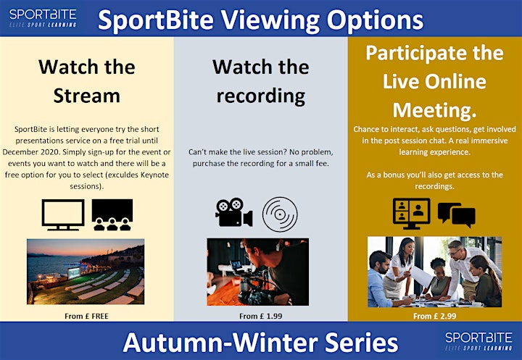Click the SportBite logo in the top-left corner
coord(43,18)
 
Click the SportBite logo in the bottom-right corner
coord(478,341)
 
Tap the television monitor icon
coord(63,214)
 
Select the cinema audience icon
coord(112,214)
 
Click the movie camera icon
coord(233,212)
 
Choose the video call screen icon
coord(412,214)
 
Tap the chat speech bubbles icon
coord(457,215)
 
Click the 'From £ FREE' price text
coord(86,316)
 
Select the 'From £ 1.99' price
coord(261,316)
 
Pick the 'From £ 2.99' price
coord(435,316)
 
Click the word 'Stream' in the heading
coord(86,96)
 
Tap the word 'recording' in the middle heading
coord(261,96)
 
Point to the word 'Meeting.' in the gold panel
coord(435,110)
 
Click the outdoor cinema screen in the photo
coord(73,273)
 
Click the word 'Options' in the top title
coord(375,20)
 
